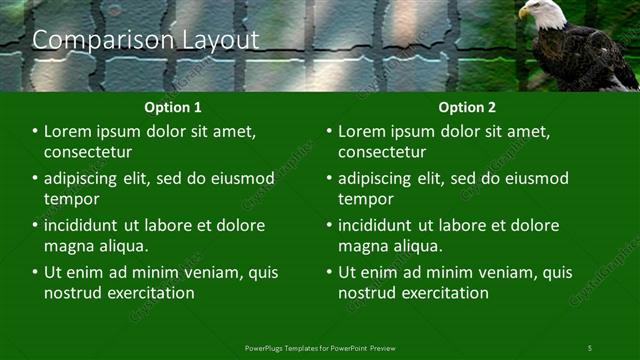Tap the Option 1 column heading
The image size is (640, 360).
click(x=173, y=107)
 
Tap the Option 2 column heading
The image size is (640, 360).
click(x=467, y=107)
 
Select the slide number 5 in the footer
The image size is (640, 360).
click(x=589, y=347)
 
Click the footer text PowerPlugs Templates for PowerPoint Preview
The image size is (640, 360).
click(x=320, y=347)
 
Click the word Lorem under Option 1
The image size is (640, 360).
click(x=70, y=131)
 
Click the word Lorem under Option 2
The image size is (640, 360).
click(x=364, y=131)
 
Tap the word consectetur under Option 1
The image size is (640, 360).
click(x=88, y=152)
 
